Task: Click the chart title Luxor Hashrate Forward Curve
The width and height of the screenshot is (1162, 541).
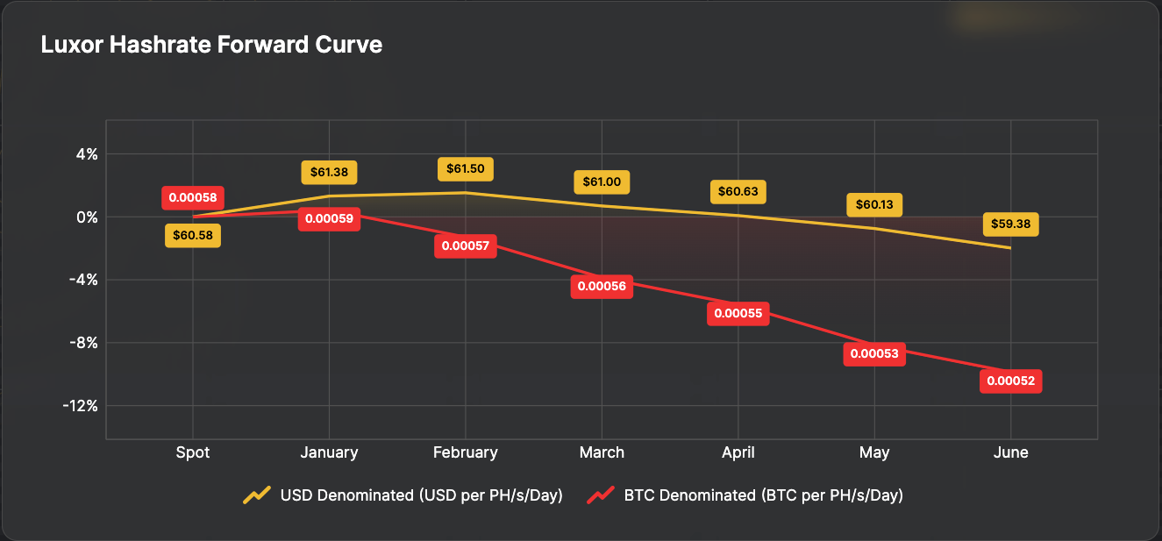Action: point(211,45)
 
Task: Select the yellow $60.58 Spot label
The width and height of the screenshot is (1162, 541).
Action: point(193,235)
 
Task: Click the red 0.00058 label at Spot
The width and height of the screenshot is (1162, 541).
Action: point(193,197)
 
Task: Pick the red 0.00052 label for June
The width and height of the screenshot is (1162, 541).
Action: point(1011,381)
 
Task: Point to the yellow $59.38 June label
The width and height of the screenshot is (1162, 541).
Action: point(1011,224)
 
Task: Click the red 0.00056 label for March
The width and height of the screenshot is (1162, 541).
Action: point(602,287)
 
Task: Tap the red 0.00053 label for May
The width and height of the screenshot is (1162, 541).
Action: point(874,354)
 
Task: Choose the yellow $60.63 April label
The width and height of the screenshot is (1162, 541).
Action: point(738,192)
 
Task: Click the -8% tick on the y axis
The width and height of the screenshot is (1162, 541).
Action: point(83,343)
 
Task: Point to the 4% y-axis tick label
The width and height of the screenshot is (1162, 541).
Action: point(86,154)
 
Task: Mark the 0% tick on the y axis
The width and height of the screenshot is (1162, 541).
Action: point(86,217)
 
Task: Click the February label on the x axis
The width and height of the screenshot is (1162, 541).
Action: point(465,452)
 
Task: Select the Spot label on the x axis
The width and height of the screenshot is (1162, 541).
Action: point(193,452)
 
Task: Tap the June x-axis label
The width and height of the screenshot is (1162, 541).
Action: point(1011,452)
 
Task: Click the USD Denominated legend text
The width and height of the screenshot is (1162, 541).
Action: point(421,495)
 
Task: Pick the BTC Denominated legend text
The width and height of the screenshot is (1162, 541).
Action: point(764,495)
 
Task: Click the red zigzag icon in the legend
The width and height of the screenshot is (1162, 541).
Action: point(601,495)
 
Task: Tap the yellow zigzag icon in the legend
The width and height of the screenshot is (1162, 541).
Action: point(257,495)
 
